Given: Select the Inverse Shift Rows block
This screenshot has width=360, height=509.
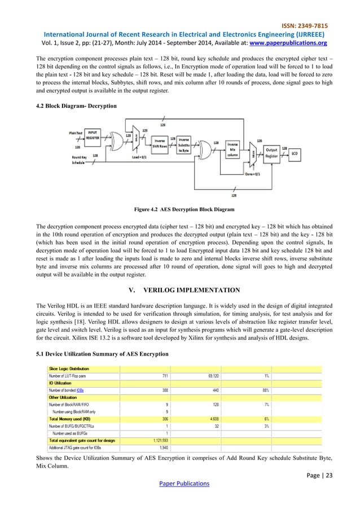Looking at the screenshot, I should (160, 144).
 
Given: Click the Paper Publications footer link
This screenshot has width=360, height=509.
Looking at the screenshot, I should (179, 483).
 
